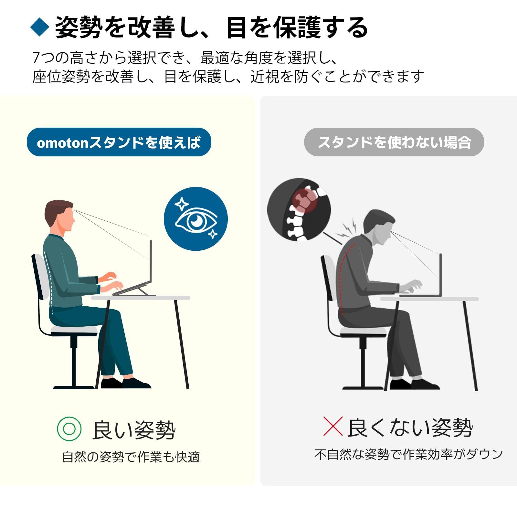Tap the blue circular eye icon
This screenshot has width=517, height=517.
pyautogui.click(x=196, y=219)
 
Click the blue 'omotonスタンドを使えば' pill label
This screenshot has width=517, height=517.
pyautogui.click(x=119, y=142)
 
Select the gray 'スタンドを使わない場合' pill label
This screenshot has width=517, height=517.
pyautogui.click(x=394, y=142)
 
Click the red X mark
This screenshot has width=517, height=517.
pyautogui.click(x=333, y=426)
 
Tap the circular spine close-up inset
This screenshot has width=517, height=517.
pyautogui.click(x=299, y=210)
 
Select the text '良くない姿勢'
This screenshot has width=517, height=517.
pyautogui.click(x=410, y=427)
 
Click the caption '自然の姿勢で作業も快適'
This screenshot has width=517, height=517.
pyautogui.click(x=131, y=457)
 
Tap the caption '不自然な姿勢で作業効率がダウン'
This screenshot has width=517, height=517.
pyautogui.click(x=409, y=454)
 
